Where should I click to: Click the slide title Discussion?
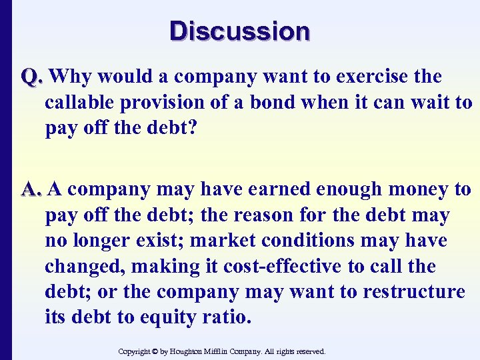pyautogui.click(x=240, y=31)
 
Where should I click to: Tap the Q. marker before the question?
pyautogui.click(x=32, y=77)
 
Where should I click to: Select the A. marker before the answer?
pyautogui.click(x=32, y=190)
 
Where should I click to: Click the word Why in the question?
pyautogui.click(x=71, y=77)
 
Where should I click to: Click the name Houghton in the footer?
pyautogui.click(x=193, y=351)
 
